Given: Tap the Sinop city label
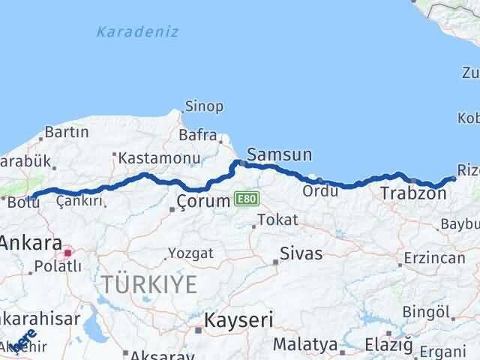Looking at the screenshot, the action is coord(203,106).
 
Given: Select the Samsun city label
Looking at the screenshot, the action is coord(279,155).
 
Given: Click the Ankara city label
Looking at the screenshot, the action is coord(31,244).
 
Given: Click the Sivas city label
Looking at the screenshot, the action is coord(301,253).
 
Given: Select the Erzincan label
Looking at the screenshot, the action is coord(434,257).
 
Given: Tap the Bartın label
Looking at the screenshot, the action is coord(67,132).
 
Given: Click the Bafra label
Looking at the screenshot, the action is coord(197,136).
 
